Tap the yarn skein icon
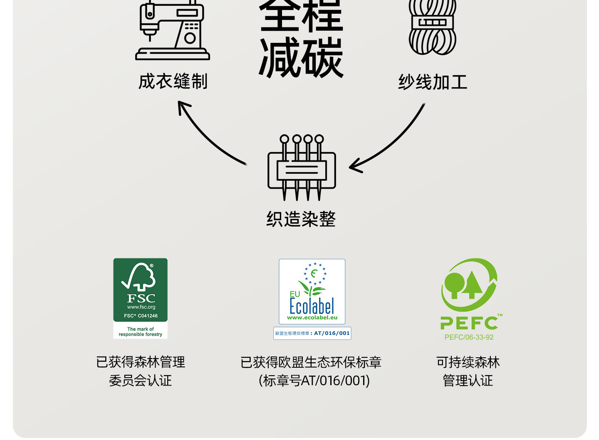pyautogui.click(x=433, y=27)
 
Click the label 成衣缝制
pyautogui.click(x=173, y=81)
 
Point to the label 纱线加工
pyautogui.click(x=433, y=82)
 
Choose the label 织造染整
pyautogui.click(x=301, y=219)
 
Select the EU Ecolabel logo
pyautogui.click(x=312, y=291)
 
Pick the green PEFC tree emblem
pyautogui.click(x=470, y=285)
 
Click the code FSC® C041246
pyautogui.click(x=141, y=316)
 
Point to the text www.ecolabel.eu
pyautogui.click(x=312, y=317)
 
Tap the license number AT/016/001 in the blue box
pyautogui.click(x=332, y=333)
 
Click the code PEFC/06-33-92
pyautogui.click(x=469, y=337)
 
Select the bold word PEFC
pyautogui.click(x=469, y=323)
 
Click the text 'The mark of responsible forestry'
pyautogui.click(x=141, y=332)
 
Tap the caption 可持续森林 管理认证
pyautogui.click(x=468, y=371)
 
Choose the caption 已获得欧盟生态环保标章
pyautogui.click(x=311, y=362)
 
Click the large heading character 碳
pyautogui.click(x=322, y=57)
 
